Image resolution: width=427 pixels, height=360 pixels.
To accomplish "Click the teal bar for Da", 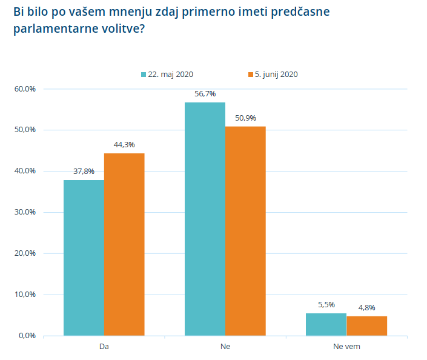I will (84, 258).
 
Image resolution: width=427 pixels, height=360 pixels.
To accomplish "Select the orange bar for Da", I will (124, 244).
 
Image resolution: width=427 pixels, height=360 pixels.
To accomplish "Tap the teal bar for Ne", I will (205, 219).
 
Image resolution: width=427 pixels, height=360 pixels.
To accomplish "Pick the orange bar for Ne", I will (245, 231).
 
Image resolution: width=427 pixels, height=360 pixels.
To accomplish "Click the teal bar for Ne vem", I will (326, 324).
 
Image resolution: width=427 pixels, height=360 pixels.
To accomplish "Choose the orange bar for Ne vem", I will (366, 325).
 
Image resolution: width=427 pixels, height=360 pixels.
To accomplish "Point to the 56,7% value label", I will (205, 94).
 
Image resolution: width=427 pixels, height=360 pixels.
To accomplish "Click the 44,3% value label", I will (124, 145).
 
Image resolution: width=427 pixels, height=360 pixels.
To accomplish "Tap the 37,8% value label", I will (84, 172).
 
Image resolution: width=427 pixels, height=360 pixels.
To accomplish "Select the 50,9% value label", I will (245, 118).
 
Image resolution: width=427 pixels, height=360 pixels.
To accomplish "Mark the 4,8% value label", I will (366, 308).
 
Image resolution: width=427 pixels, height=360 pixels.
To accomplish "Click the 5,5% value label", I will (326, 305).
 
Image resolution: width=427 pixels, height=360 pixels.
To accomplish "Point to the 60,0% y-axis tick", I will (25, 89).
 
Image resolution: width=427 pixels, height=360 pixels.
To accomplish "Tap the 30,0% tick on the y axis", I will (25, 212).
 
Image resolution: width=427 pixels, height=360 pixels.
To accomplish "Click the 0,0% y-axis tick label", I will (27, 336).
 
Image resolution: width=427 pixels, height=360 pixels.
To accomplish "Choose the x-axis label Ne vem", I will (346, 347).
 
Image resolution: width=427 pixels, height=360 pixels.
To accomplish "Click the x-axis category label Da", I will (104, 347).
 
